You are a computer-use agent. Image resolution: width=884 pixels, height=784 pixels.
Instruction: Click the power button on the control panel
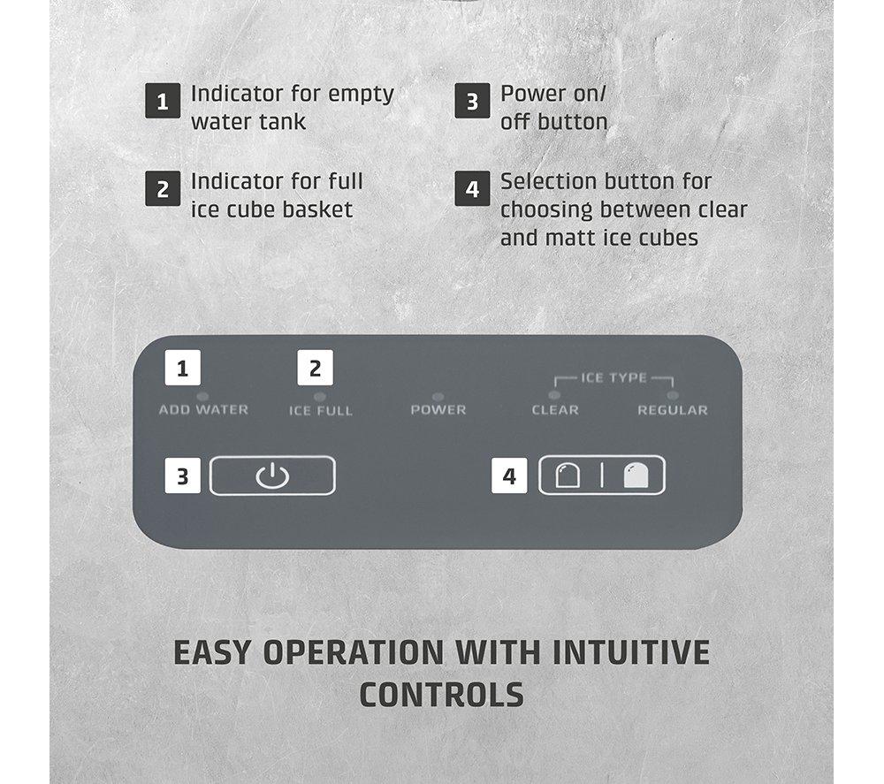coord(272,476)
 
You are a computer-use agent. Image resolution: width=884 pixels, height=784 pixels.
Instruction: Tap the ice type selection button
coord(601,476)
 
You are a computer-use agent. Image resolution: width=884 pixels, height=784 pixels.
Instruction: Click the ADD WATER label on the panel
coord(203,410)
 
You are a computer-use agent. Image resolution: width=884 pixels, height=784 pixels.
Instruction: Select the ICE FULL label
coord(321,410)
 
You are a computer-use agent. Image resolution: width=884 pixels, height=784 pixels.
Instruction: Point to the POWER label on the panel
coord(438,410)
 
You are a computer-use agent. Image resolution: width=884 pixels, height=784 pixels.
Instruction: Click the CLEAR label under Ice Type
coord(555,410)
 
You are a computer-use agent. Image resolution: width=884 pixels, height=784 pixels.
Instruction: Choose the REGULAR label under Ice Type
coord(673,410)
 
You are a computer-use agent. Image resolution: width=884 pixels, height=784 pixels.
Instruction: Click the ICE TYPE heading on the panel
coord(614,377)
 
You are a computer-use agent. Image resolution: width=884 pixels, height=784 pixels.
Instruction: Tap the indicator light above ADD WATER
coord(202,396)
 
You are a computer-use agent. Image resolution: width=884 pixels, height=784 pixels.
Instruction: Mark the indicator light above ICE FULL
coord(320,397)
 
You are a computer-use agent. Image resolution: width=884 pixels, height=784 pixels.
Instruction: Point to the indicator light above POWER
coord(438,397)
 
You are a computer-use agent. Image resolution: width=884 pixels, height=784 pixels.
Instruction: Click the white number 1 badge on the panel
coord(183,368)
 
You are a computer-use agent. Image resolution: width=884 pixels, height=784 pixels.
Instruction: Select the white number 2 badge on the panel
coord(316,368)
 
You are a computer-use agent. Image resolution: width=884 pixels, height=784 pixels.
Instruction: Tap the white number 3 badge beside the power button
coord(183,476)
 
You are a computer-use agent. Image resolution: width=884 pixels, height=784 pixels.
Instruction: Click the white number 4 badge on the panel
coord(509,476)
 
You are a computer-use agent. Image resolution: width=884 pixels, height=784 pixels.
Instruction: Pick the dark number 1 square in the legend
coord(163,101)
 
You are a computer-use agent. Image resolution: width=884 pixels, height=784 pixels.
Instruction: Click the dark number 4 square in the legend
coord(472,189)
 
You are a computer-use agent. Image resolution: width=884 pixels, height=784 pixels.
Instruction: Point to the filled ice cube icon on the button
coord(636,476)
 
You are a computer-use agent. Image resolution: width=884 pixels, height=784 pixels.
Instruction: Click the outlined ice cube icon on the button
coord(568,476)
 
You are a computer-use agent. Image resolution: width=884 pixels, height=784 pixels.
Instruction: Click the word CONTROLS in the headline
coord(442,695)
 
